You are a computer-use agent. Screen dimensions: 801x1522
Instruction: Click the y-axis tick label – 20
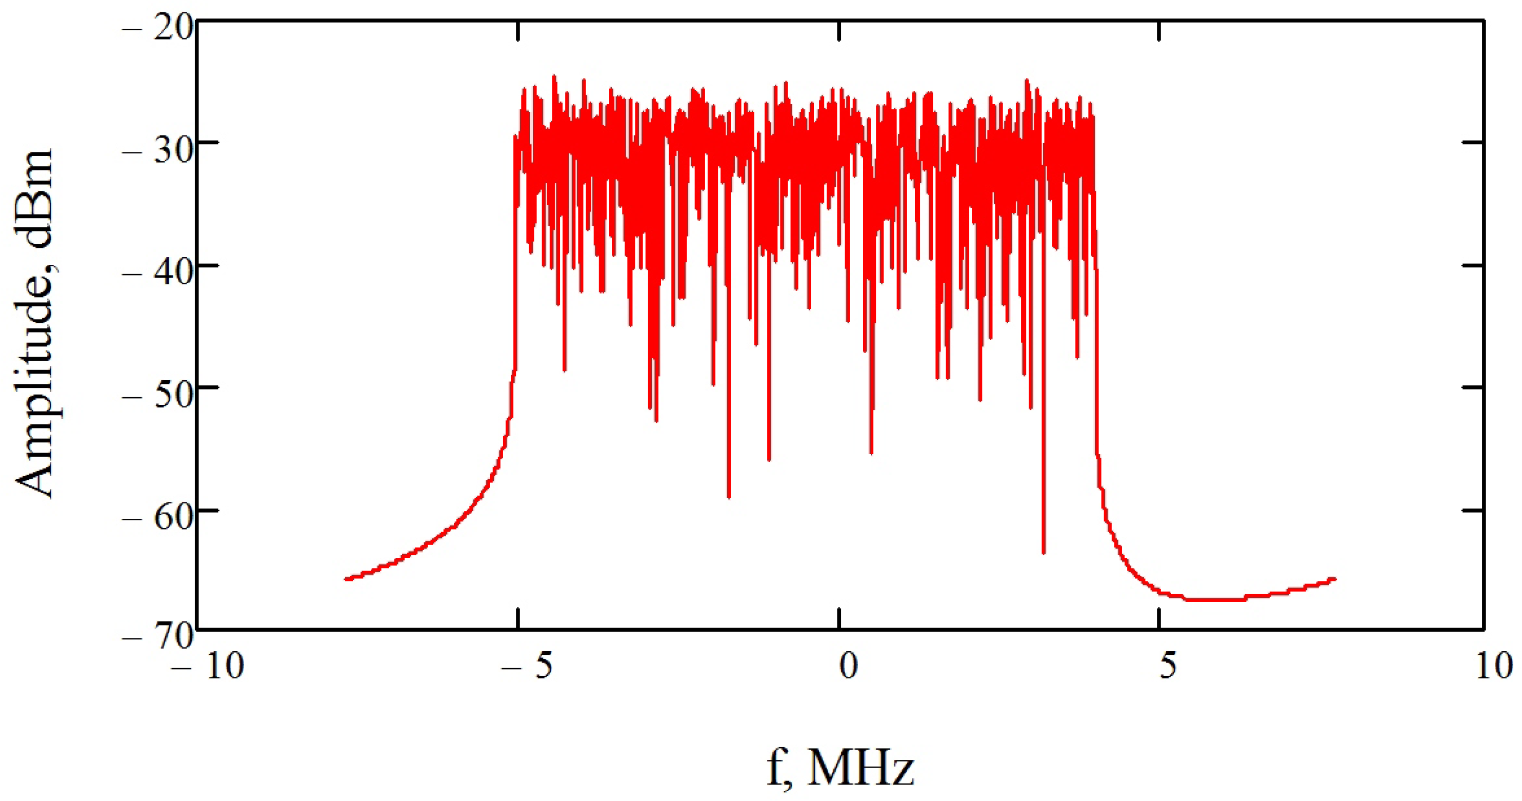tap(157, 28)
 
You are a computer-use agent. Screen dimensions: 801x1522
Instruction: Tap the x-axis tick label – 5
tap(527, 666)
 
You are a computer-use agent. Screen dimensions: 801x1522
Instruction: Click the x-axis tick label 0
tap(849, 666)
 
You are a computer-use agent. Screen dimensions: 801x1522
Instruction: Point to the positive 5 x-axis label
tap(1168, 666)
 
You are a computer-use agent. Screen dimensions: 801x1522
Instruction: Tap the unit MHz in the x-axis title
tap(860, 768)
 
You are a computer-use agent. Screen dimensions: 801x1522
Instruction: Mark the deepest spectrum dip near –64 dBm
tap(1044, 553)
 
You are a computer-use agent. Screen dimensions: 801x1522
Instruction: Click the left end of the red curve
tap(346, 579)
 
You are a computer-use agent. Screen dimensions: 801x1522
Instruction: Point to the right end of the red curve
tap(1335, 579)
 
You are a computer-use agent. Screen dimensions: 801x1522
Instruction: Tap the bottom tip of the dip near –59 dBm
tap(729, 497)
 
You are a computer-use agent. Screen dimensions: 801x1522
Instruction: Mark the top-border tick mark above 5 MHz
tap(1159, 31)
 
